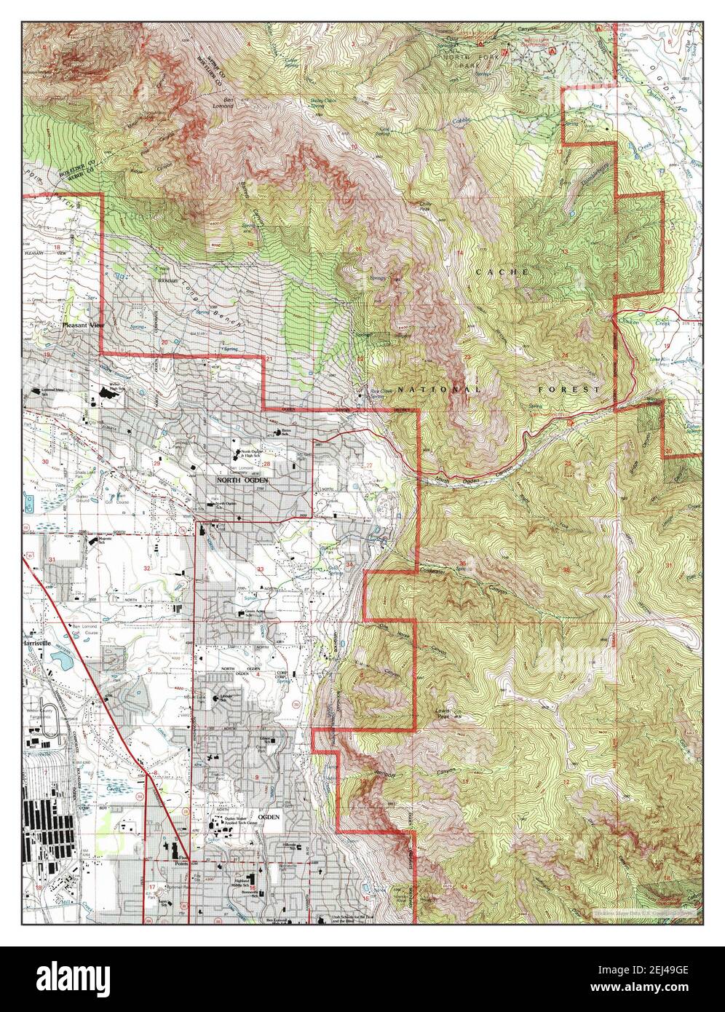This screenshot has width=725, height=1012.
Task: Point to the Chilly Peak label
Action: pos(421,207)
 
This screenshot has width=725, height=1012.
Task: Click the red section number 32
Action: pos(147,568)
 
